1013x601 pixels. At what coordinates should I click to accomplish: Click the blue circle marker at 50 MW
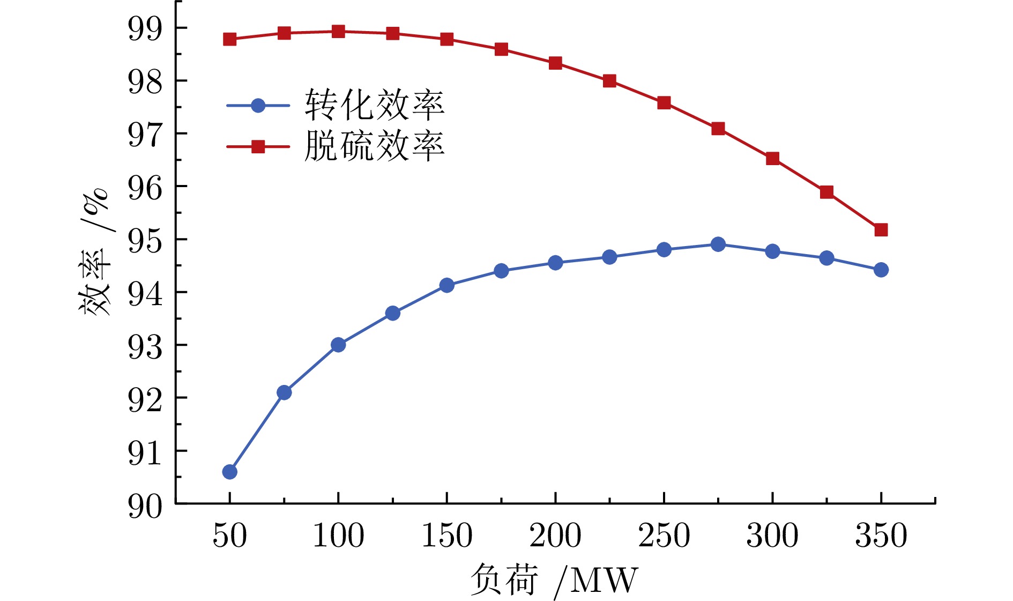click(229, 472)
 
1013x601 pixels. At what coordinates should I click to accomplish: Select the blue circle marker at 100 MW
click(338, 345)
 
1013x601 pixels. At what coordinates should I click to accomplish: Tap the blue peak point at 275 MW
click(718, 244)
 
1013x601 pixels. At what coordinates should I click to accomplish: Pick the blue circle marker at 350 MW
click(881, 270)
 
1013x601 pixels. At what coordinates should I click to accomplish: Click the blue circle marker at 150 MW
click(446, 285)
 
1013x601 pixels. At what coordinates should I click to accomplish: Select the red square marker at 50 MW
click(229, 39)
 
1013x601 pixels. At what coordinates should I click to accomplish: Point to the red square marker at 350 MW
click(881, 230)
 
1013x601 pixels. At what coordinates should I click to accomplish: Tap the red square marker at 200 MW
click(555, 63)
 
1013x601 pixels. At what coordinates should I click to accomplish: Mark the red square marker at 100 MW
click(338, 31)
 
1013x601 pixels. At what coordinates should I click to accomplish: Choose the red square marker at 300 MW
click(772, 159)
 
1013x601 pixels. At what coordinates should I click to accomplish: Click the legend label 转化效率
click(375, 105)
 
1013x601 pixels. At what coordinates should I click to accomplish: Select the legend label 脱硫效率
click(375, 146)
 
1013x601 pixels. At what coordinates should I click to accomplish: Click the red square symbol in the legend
click(258, 146)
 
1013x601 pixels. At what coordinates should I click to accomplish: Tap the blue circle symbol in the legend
click(258, 106)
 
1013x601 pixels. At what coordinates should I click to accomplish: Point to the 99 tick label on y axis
click(145, 28)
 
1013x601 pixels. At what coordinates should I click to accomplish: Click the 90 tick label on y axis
click(145, 506)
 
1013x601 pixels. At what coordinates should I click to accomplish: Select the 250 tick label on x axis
click(664, 535)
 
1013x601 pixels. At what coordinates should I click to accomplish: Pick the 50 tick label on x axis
click(229, 535)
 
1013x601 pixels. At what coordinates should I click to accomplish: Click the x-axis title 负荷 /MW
click(554, 580)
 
